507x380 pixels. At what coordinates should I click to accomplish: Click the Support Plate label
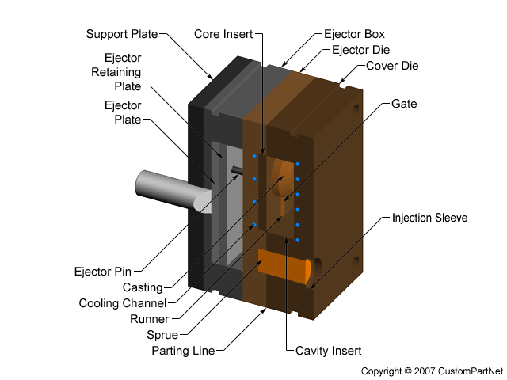[x=121, y=34]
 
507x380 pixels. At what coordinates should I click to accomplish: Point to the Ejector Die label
[x=360, y=49]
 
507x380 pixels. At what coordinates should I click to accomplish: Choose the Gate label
[x=404, y=104]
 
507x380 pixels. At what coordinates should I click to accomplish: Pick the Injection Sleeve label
[x=429, y=217]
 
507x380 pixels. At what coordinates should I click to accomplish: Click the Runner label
[x=150, y=319]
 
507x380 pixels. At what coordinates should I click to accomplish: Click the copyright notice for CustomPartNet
[x=431, y=370]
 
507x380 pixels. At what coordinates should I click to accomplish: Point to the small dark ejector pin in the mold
[x=237, y=169]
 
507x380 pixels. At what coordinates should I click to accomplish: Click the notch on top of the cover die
[x=342, y=80]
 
